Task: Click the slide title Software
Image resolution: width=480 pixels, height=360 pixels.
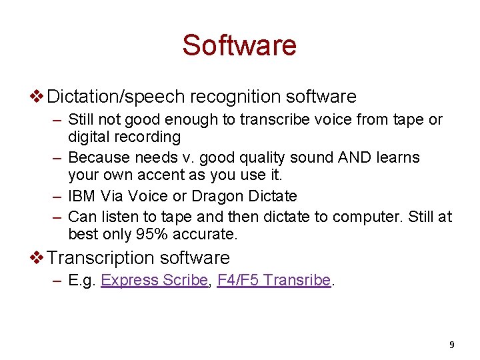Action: pos(239,45)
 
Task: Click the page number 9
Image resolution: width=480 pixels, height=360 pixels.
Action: pos(452,345)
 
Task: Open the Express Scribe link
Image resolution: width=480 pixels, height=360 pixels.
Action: pos(154,281)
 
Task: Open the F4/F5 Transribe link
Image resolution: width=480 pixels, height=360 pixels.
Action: pos(273,281)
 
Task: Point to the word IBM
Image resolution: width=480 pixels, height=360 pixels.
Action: pos(83,197)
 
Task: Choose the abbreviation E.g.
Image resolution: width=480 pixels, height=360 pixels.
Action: pos(82,281)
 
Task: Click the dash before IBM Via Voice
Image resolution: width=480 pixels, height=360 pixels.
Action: pos(57,197)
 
